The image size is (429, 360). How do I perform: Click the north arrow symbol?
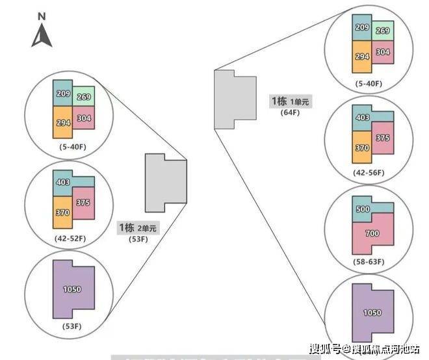42,36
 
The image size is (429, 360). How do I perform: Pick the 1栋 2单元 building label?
137,228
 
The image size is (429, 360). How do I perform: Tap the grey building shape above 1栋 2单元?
165,183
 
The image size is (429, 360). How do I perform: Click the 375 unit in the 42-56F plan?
383,138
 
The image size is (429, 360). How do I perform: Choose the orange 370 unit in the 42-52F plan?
62,212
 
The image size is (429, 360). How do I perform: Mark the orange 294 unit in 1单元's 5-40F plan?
361,57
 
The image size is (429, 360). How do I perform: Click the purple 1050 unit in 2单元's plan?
72,290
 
